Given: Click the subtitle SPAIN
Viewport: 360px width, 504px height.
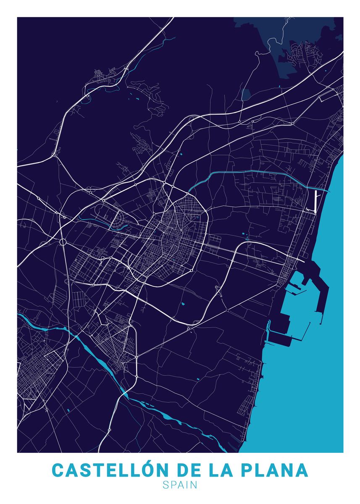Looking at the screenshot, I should point(180,485).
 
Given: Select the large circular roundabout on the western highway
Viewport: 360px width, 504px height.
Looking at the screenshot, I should point(63,242).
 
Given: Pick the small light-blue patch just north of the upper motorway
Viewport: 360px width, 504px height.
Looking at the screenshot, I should point(246,94).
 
